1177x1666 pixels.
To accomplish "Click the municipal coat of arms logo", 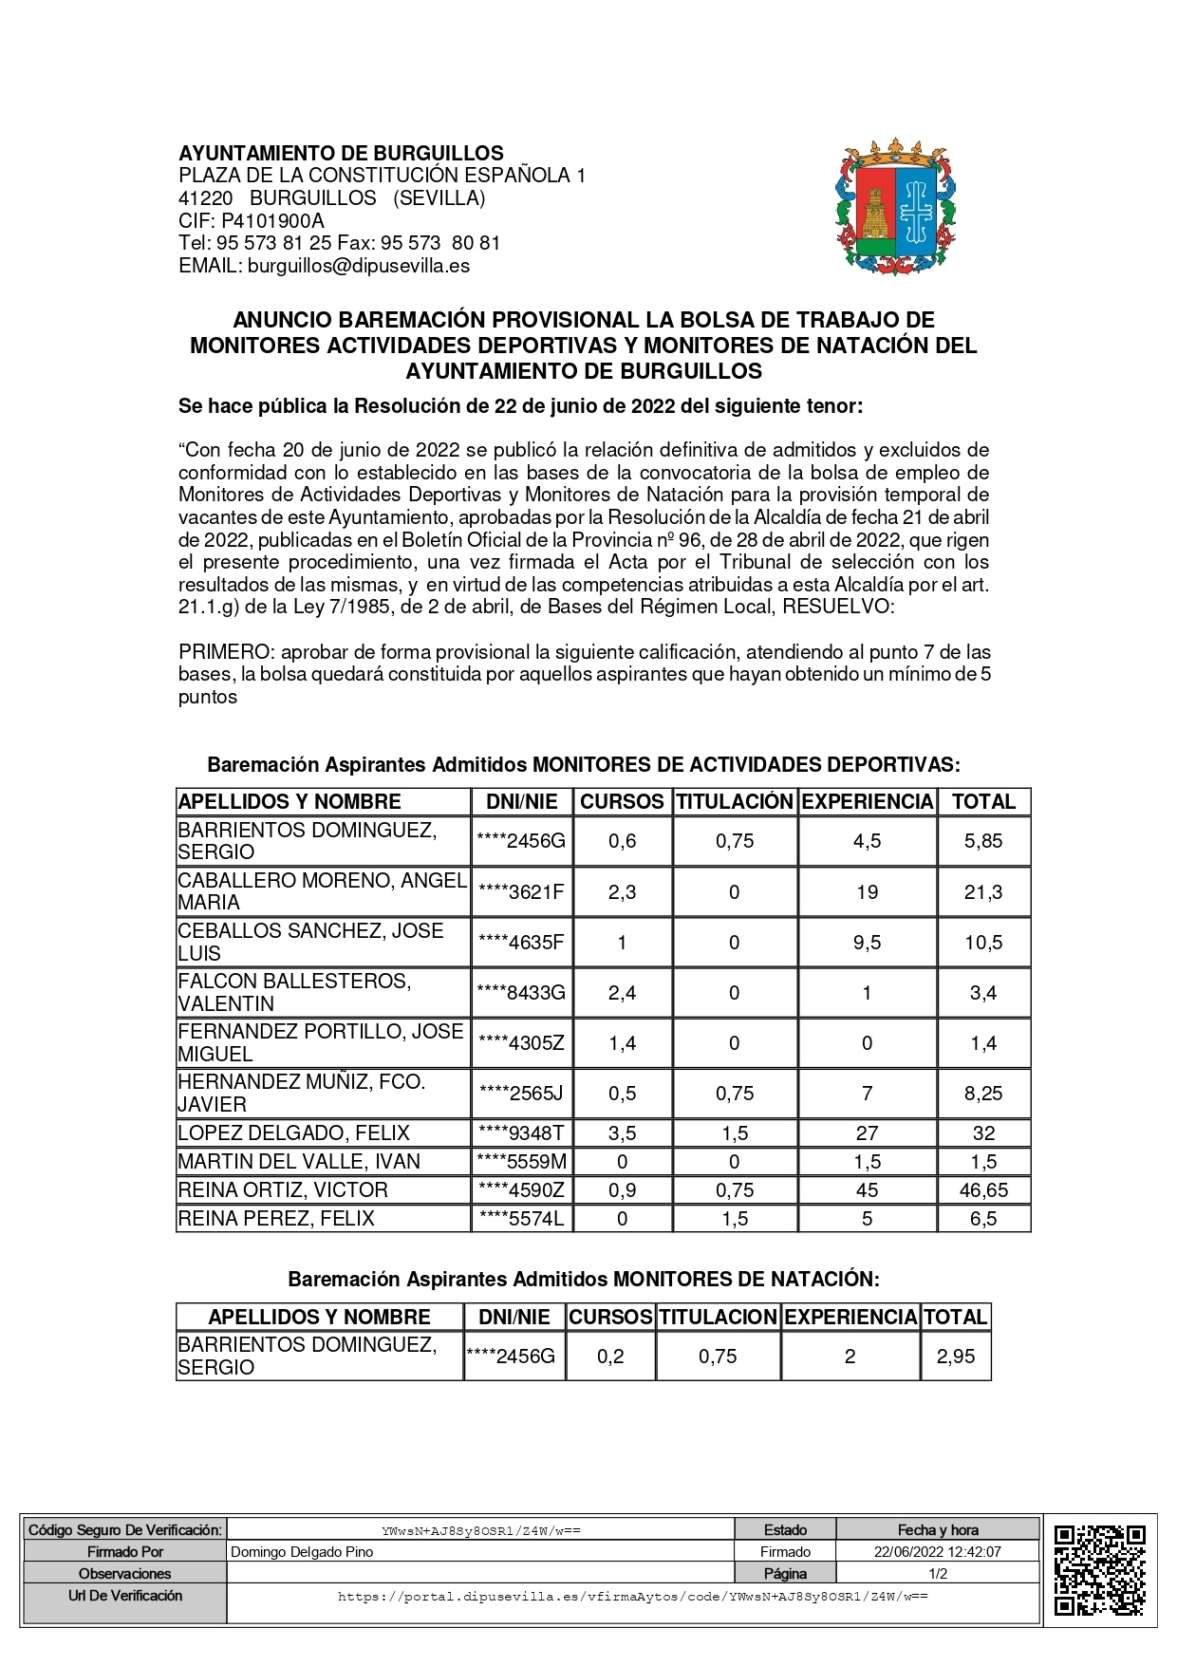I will (895, 207).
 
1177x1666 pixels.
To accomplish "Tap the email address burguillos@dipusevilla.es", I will (358, 266).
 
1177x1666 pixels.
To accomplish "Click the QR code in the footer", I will (1100, 1569).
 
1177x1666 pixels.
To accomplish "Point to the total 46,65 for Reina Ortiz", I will (983, 1190).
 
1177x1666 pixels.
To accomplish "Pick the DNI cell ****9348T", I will (522, 1133).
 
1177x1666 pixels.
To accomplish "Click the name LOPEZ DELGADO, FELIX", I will (294, 1133).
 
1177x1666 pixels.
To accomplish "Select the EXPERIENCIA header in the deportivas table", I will (867, 802).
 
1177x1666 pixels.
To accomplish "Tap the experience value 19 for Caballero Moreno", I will (867, 892).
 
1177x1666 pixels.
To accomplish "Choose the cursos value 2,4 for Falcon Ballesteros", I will (622, 993).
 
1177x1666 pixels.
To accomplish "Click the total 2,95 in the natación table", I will (955, 1357).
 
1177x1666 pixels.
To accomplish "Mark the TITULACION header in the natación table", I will (718, 1317).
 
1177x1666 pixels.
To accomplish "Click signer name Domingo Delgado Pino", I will (302, 1552).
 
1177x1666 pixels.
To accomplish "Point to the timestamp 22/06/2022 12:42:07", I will (937, 1552).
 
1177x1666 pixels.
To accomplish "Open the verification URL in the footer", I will (632, 1597).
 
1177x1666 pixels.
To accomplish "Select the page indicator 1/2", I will (937, 1574).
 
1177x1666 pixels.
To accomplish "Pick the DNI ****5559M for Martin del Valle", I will (522, 1162).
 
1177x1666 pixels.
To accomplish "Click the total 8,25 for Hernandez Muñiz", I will (983, 1094).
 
